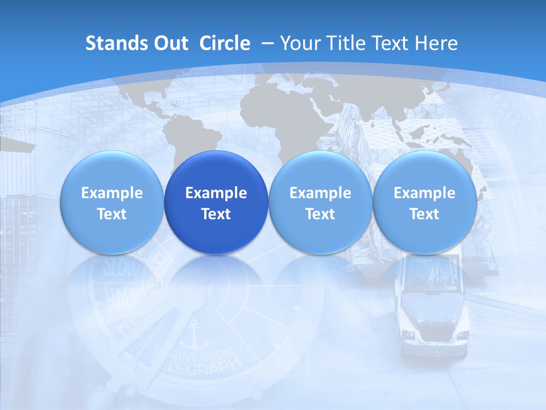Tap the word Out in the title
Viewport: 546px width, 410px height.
169,43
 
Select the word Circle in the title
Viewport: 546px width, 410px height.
225,43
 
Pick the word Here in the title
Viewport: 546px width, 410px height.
437,43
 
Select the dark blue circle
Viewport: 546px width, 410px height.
216,203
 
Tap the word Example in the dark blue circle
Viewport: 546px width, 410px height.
216,193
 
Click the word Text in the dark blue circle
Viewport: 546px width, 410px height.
216,214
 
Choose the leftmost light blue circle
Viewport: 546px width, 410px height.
111,203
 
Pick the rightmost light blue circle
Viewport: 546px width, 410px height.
424,203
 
